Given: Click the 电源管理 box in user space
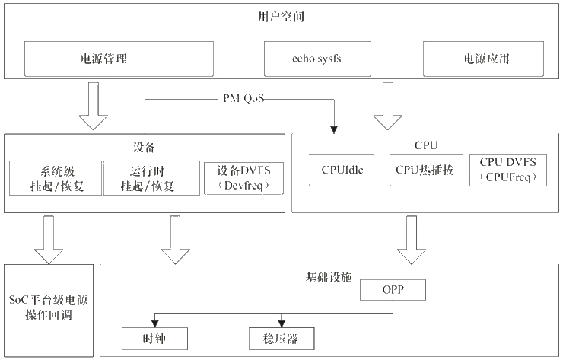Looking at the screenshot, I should (103, 58).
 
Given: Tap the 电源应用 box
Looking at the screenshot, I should (483, 58).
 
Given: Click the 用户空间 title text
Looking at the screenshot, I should (282, 16).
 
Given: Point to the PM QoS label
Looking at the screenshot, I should (244, 99).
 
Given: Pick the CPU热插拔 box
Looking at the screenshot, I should (424, 170).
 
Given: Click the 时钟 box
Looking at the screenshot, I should (154, 337).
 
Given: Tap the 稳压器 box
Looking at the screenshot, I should (281, 337).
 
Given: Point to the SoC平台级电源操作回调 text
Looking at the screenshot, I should (49, 309).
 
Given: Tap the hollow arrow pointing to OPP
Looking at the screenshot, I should (412, 242).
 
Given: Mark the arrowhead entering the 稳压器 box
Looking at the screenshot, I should (281, 323).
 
